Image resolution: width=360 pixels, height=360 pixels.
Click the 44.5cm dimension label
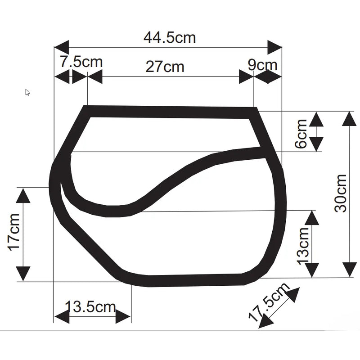click(170, 38)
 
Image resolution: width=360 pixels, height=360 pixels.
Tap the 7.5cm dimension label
click(81, 62)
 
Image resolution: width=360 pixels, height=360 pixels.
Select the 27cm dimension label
click(165, 67)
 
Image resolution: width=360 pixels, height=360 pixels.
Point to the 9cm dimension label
click(262, 65)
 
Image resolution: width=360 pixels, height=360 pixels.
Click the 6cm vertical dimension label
click(301, 134)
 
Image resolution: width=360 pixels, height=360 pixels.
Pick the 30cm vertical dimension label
click(341, 193)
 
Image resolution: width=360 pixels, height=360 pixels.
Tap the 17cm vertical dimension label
click(14, 232)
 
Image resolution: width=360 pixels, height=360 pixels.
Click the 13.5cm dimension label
click(90, 306)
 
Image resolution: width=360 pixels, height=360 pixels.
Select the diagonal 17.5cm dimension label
click(269, 302)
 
